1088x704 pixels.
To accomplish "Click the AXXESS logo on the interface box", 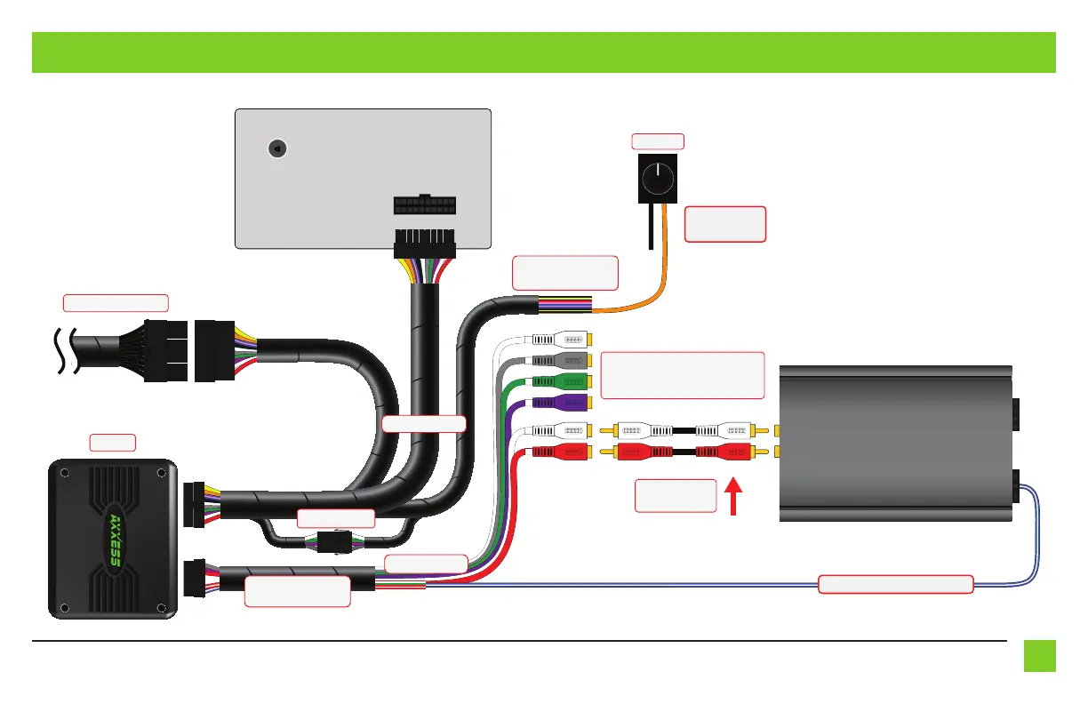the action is click(116, 540).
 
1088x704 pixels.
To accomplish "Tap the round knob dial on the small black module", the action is click(658, 179).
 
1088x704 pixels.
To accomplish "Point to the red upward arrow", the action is click(733, 496).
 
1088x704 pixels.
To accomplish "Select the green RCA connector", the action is click(562, 381).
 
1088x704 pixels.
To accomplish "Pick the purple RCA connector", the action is click(562, 403).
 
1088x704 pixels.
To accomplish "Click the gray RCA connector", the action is click(562, 361).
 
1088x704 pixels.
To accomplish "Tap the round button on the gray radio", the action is click(277, 148).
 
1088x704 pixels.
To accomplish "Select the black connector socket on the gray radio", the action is click(425, 204).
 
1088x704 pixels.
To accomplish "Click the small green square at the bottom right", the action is click(1039, 656).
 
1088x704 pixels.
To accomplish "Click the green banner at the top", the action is click(543, 52).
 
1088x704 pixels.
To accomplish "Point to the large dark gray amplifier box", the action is click(896, 444).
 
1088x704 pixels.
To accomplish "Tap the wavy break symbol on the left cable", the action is click(67, 351).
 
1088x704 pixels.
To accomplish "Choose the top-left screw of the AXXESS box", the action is click(65, 473).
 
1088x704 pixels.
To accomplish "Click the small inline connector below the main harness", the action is click(334, 542).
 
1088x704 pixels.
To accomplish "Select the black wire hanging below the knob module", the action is click(651, 227).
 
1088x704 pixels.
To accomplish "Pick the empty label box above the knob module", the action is click(658, 141).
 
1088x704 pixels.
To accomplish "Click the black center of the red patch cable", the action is click(684, 452).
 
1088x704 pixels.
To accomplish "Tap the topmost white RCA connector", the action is click(562, 340).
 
